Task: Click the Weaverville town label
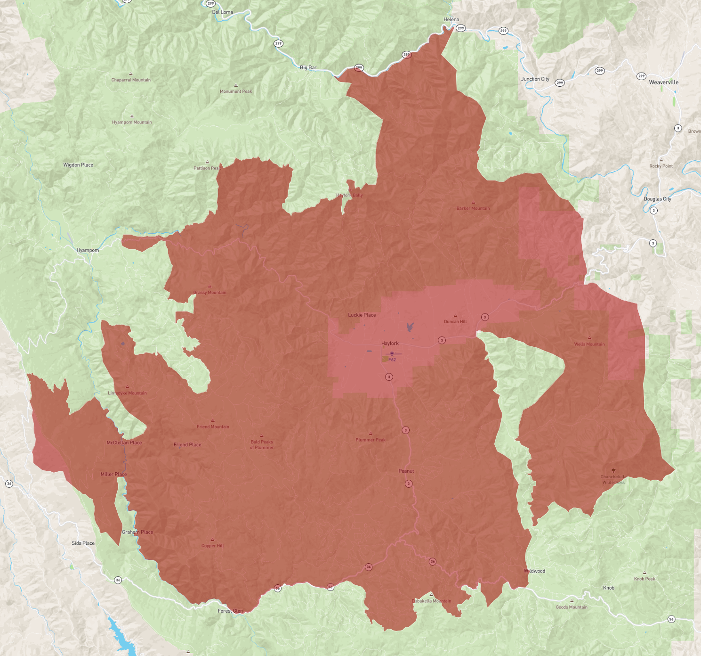point(663,82)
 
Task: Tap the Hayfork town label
point(390,344)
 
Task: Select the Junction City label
point(535,79)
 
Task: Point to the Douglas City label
point(657,199)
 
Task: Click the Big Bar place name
point(308,68)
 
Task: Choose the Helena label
point(451,20)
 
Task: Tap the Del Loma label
point(222,12)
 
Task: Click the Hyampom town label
point(88,250)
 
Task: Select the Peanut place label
point(406,471)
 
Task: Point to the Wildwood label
point(535,571)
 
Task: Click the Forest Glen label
point(230,611)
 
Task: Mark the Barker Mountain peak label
point(473,208)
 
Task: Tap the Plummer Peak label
point(370,440)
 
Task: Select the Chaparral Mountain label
point(131,80)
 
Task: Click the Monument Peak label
point(236,91)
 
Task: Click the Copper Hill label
point(212,546)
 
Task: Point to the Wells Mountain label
point(589,344)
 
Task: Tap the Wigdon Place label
point(78,165)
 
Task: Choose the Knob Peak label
point(644,579)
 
